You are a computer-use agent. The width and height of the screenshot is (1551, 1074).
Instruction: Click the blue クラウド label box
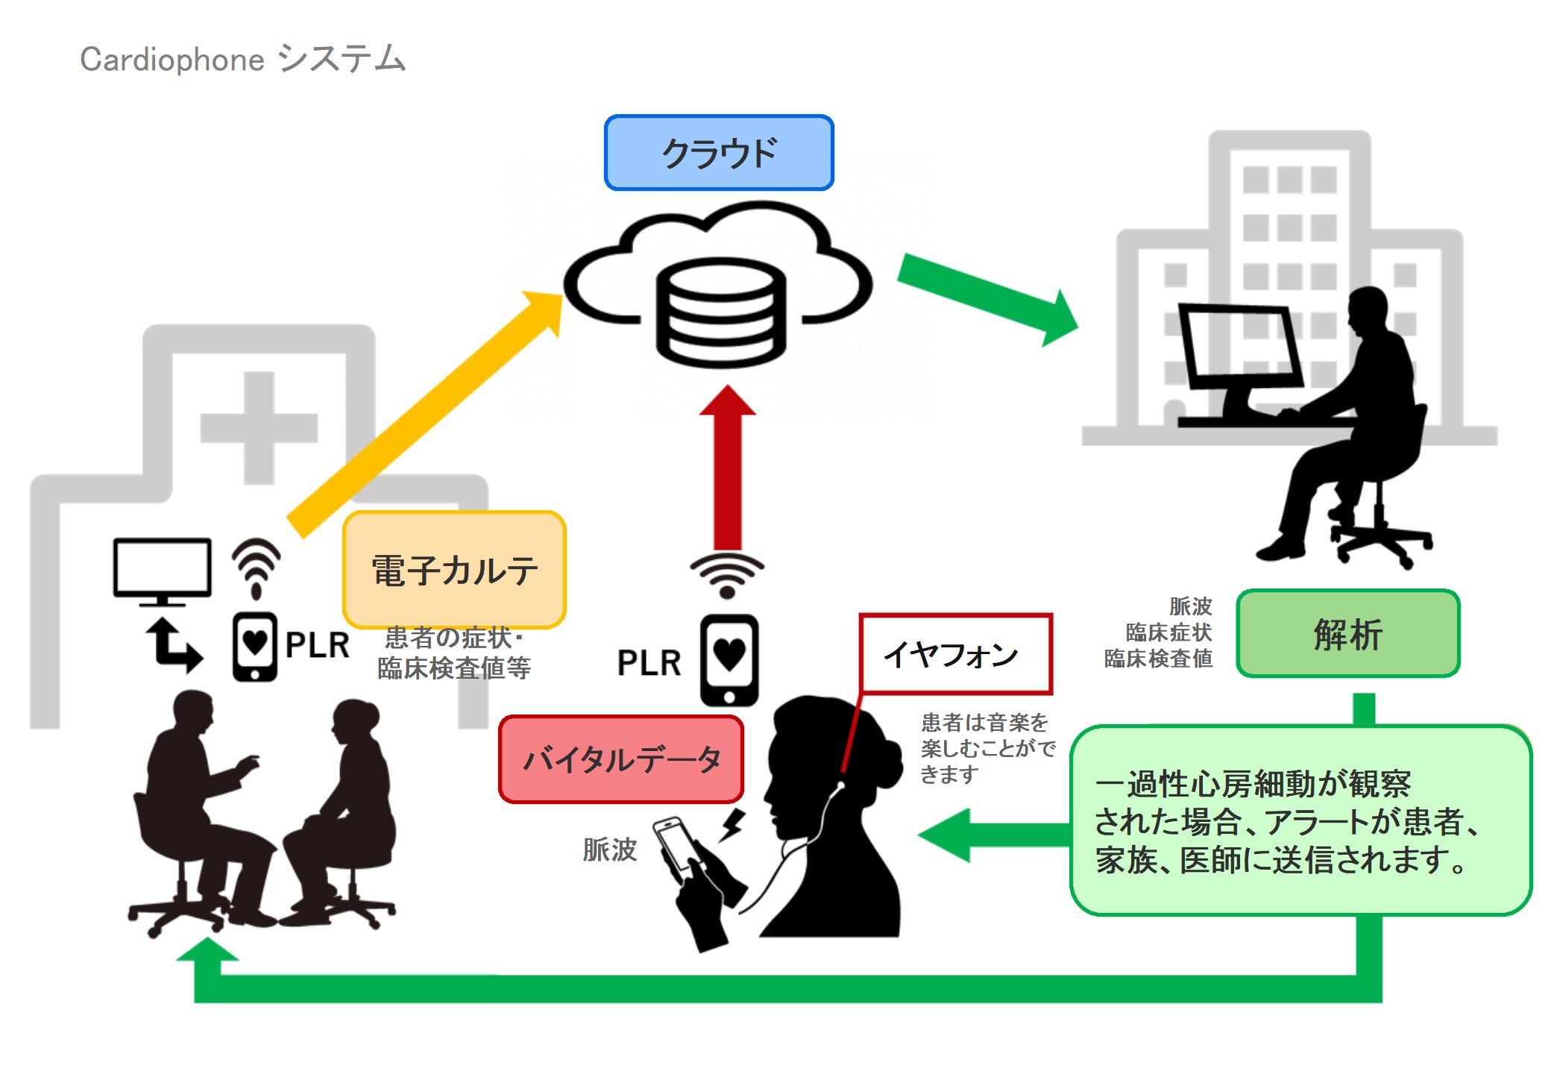coord(719,153)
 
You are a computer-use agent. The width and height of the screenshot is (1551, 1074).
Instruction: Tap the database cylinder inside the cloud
coord(720,312)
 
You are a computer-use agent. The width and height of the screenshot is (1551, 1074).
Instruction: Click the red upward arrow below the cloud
coord(728,470)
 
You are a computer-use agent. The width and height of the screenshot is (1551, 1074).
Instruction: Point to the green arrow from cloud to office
coord(984,298)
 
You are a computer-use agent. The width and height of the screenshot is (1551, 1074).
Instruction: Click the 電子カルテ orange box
coord(454,570)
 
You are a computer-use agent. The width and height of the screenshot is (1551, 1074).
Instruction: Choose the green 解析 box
coord(1347,634)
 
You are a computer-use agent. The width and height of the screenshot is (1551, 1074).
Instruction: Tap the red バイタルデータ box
coord(621,759)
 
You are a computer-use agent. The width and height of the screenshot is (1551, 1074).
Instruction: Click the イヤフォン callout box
coord(955,654)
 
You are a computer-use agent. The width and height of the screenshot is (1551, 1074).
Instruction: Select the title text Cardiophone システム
coord(242,59)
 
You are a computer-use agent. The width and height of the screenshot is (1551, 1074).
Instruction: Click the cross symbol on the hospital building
coord(259,427)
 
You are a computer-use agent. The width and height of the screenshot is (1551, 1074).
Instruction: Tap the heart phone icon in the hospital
coord(254,646)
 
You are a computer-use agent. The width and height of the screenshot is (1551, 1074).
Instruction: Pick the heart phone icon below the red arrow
coord(729,660)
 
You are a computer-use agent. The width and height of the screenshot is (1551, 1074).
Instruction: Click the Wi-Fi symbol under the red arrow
coord(727,575)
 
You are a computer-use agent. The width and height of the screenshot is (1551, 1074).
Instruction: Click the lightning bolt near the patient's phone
coord(733,825)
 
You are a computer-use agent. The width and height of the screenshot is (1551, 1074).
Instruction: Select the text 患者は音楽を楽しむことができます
coord(987,748)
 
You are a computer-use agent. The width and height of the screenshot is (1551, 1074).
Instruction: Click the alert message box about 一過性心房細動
coord(1300,820)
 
